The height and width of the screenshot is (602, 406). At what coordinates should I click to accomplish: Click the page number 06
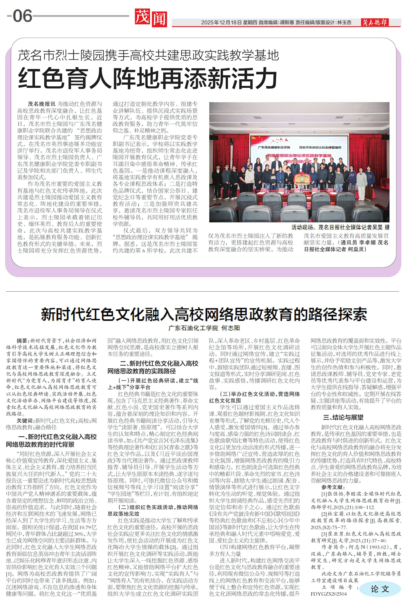pos(22,16)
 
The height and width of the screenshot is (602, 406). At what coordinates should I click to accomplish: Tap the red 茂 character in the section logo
pos(142,17)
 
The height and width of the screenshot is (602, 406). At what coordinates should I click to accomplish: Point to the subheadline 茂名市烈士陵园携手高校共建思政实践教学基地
pos(148,55)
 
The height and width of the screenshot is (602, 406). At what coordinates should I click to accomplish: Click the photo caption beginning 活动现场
pos(340,227)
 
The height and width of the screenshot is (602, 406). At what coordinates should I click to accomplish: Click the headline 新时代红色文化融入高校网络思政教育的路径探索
pos(204,314)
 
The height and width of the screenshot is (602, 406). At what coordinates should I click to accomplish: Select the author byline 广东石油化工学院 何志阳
pos(204,328)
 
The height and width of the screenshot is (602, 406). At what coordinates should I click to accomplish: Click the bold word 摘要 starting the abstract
pos(22,341)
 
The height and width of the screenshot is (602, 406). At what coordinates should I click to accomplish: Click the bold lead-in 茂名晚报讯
pos(41,104)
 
